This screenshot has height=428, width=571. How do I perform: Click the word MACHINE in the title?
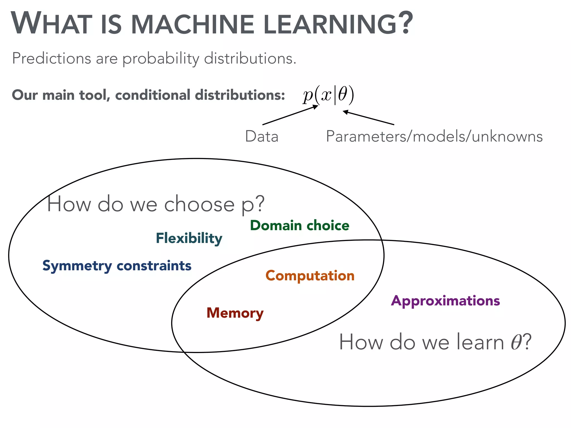pyautogui.click(x=192, y=25)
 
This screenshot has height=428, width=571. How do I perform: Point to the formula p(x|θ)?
pyautogui.click(x=328, y=95)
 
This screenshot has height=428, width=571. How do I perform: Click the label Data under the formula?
pyautogui.click(x=262, y=137)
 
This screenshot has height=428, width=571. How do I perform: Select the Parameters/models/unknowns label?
pyautogui.click(x=434, y=137)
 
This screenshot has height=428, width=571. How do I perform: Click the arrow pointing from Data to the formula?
pyautogui.click(x=290, y=115)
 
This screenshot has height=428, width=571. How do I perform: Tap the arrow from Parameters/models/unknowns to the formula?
pyautogui.click(x=368, y=118)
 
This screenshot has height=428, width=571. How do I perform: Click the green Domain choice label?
pyautogui.click(x=299, y=225)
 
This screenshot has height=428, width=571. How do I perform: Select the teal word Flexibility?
pyautogui.click(x=189, y=239)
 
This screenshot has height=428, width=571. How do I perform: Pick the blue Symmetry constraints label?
pyautogui.click(x=117, y=266)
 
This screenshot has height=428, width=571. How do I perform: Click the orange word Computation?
pyautogui.click(x=310, y=276)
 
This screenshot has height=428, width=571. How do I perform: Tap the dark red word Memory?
pyautogui.click(x=235, y=313)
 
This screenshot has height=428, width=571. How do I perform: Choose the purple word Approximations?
pyautogui.click(x=445, y=301)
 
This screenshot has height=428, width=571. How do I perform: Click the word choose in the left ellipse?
pyautogui.click(x=199, y=204)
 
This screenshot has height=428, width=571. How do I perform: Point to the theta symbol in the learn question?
pyautogui.click(x=516, y=342)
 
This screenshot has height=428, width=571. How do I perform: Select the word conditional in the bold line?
pyautogui.click(x=153, y=95)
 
